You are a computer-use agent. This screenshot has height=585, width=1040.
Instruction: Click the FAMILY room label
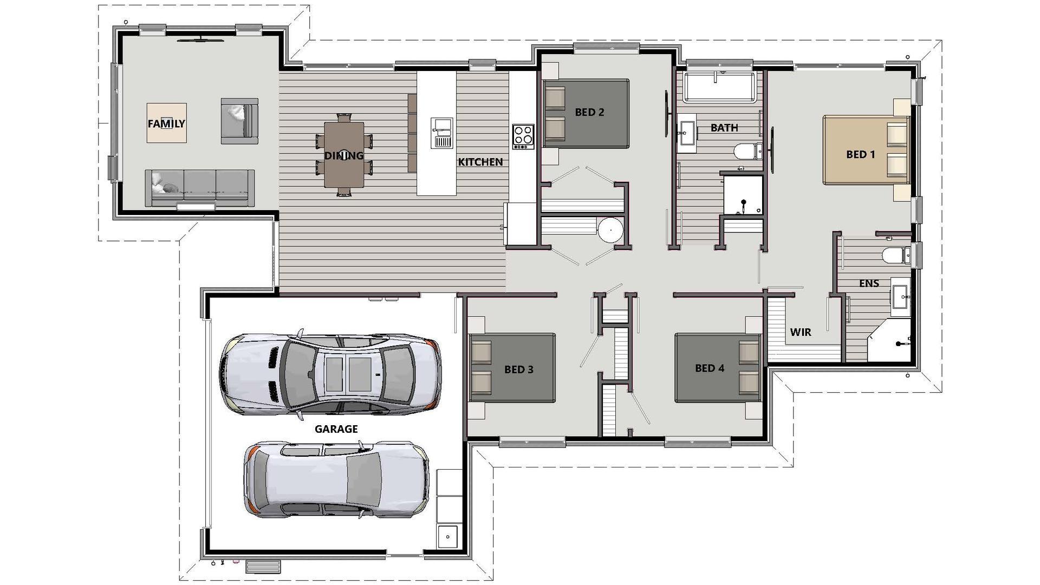coord(166,123)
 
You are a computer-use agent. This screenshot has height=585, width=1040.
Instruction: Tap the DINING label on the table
coord(343,156)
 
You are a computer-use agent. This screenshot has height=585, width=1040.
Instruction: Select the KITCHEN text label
coord(480,162)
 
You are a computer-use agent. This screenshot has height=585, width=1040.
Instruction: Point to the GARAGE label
coord(336,429)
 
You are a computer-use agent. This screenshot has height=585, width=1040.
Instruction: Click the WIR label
coord(800,332)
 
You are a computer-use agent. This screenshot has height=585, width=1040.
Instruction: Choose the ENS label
coord(869,283)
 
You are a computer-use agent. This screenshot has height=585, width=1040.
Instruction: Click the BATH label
coord(724,128)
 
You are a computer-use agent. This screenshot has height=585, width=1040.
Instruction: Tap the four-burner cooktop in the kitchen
coord(523,136)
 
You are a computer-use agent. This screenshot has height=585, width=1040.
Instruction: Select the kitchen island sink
coord(441,133)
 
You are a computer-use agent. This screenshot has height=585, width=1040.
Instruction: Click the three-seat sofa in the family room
coord(199,187)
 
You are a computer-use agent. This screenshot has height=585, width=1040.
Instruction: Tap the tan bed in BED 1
coord(866,150)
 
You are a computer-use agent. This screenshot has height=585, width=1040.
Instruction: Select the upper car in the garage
coord(330,374)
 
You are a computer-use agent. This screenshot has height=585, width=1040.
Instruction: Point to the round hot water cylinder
coord(610,230)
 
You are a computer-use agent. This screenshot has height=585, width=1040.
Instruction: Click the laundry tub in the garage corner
coord(447,537)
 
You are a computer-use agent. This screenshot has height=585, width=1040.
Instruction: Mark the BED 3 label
coord(519,369)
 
